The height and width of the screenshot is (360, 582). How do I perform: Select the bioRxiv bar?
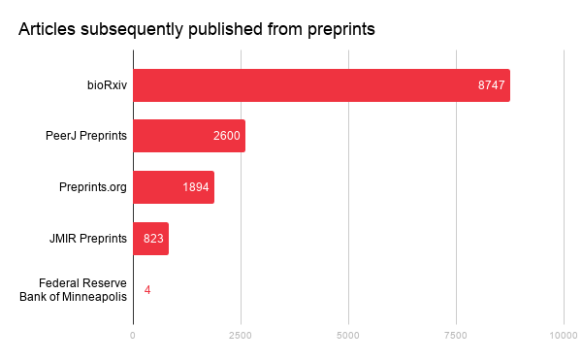[x=320, y=85]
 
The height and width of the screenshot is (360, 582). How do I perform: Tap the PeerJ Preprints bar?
[x=188, y=136]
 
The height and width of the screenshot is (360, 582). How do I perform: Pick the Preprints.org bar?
[x=173, y=187]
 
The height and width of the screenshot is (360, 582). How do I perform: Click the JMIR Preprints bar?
[x=150, y=239]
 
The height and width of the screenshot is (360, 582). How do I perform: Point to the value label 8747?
[x=491, y=85]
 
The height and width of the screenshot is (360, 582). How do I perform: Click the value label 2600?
[x=226, y=136]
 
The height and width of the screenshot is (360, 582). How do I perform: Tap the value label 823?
[x=154, y=239]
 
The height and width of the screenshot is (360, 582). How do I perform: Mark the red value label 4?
[x=146, y=290]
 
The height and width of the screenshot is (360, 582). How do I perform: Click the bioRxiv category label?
[x=107, y=85]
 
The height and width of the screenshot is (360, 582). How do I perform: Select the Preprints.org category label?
[x=92, y=187]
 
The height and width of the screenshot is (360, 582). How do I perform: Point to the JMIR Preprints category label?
[x=88, y=239]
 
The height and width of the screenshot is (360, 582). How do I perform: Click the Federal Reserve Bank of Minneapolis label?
[x=74, y=290]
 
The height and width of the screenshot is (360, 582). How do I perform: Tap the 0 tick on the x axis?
[x=133, y=335]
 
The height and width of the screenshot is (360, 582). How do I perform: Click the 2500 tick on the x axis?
[x=241, y=335]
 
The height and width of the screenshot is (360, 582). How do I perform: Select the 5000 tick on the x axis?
[x=348, y=335]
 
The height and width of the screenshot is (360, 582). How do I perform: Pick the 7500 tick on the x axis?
[x=456, y=335]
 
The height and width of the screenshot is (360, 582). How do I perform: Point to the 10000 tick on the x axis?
[x=563, y=335]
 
